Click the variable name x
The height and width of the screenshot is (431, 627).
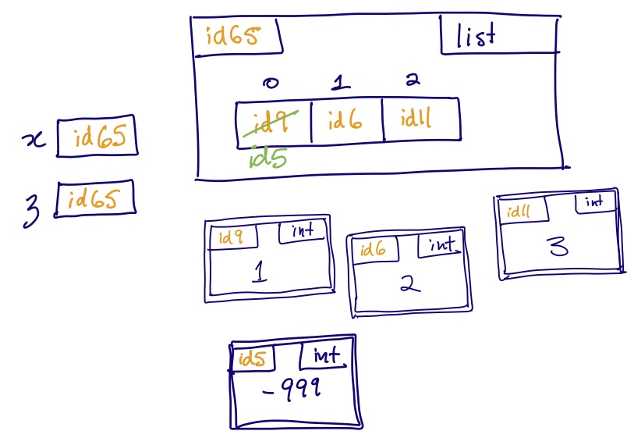[x=34, y=140]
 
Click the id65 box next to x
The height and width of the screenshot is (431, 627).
[x=97, y=138]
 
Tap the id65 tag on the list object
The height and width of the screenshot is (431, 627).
[x=234, y=36]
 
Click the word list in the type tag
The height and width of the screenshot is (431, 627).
[x=476, y=36]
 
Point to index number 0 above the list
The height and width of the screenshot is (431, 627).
[x=271, y=84]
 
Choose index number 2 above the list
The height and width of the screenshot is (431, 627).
[x=413, y=80]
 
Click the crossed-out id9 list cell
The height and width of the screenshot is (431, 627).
[x=274, y=122]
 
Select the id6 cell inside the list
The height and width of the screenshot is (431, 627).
[x=345, y=122]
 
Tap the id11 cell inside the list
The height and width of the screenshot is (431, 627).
[x=419, y=120]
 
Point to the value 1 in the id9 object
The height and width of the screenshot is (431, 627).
[x=261, y=271]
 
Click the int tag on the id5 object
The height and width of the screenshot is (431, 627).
[x=328, y=357]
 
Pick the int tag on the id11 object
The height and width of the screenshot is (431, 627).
[x=594, y=202]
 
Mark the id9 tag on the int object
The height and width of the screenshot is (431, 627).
[x=230, y=237]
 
